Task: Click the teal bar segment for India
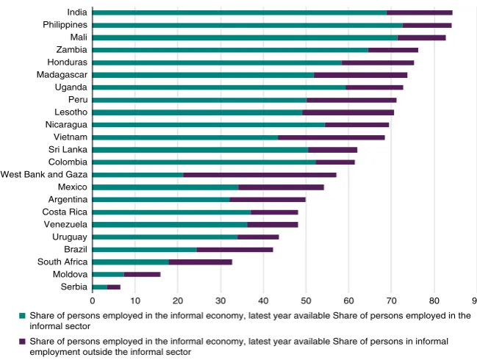pos(240,12)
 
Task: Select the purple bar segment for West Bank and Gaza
pos(259,175)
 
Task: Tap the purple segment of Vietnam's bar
pos(331,137)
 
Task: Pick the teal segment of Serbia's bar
pos(100,287)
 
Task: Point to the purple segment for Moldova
pos(142,275)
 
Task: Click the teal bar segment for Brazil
pos(145,250)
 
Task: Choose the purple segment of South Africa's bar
pos(201,262)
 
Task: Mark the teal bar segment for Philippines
pos(248,25)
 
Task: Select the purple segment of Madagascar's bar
pos(360,75)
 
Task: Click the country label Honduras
pos(67,62)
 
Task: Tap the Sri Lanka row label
pos(68,150)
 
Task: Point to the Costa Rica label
pos(65,212)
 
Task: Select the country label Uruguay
pos(70,237)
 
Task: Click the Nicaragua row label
pos(66,125)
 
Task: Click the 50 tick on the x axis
pos(306,300)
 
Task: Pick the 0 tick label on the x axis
pos(93,300)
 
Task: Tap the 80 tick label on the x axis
pos(434,300)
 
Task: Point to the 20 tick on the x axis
pos(178,300)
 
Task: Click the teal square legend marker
pos(22,316)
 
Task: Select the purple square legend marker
pos(22,342)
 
